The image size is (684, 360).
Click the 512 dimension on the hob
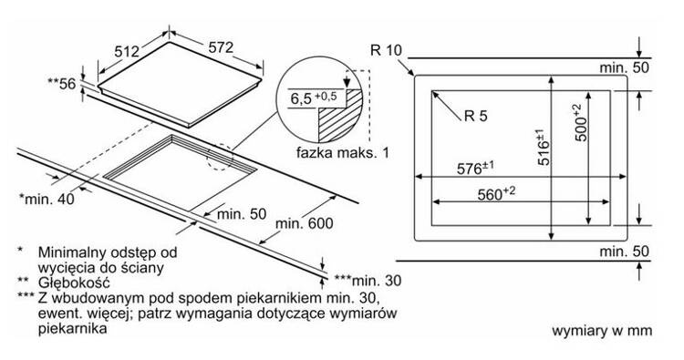click(x=127, y=51)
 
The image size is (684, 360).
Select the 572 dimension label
click(x=221, y=47)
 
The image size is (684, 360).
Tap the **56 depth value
click(x=62, y=83)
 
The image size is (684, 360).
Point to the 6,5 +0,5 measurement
click(x=314, y=98)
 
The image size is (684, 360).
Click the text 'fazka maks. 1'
click(x=342, y=152)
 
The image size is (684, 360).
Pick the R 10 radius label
click(x=386, y=50)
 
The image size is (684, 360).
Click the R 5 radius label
click(x=476, y=116)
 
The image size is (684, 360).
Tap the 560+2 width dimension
click(x=496, y=193)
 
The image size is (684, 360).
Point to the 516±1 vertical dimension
click(x=544, y=147)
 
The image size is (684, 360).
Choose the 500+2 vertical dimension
click(x=580, y=122)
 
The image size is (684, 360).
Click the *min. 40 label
click(x=47, y=200)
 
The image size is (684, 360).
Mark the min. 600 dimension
click(x=304, y=223)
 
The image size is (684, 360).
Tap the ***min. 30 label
click(x=368, y=280)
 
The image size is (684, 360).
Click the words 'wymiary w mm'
click(x=602, y=330)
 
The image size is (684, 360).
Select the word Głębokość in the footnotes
click(x=74, y=283)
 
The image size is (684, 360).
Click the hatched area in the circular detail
click(x=341, y=116)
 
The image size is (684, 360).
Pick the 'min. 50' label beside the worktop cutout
click(x=242, y=213)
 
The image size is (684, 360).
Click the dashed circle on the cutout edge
click(x=220, y=157)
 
